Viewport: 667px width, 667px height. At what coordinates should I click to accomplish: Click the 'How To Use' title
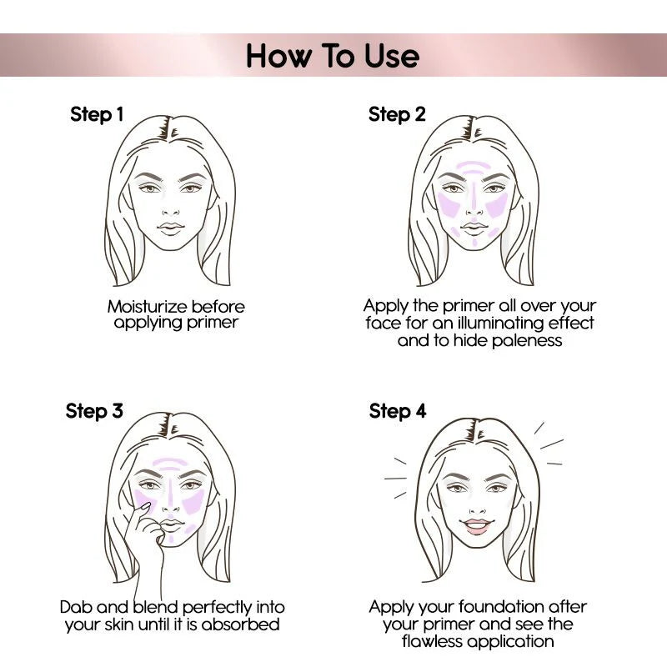tap(333, 56)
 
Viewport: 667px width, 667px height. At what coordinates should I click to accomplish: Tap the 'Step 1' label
tap(97, 114)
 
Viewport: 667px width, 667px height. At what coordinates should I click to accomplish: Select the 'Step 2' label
tap(397, 114)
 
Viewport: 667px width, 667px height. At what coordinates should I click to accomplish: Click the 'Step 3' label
tap(94, 411)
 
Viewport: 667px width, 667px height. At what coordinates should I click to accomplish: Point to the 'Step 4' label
tap(398, 411)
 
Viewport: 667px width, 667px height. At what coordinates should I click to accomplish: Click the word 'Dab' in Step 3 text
tap(77, 607)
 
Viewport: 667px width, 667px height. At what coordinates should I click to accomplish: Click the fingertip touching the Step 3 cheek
tap(143, 506)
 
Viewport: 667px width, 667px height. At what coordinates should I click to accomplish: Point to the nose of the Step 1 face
tap(171, 208)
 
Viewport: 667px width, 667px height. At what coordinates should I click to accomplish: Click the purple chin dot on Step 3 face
tap(170, 539)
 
